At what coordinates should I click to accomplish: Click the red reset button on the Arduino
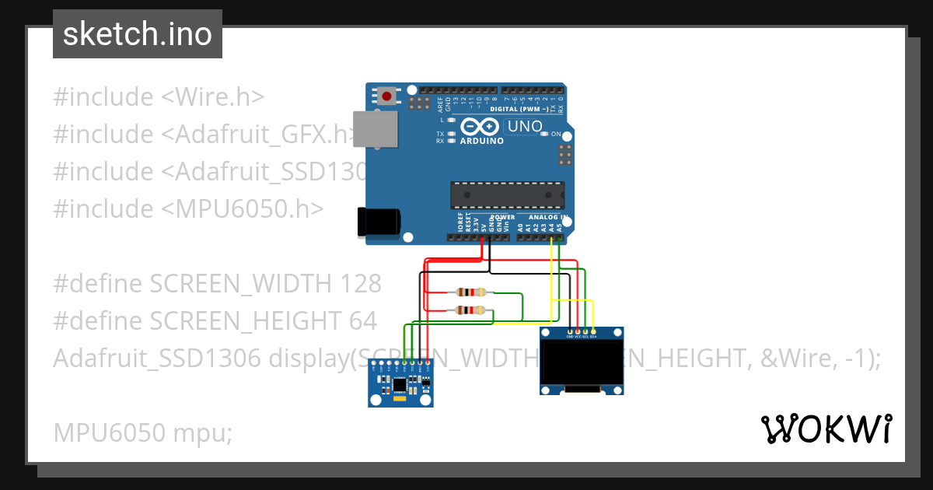coord(387,97)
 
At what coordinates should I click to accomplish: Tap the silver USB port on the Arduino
coord(376,128)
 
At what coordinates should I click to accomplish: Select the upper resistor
coord(472,292)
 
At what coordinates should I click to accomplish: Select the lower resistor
coord(472,310)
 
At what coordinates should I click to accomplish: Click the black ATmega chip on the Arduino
coord(508,195)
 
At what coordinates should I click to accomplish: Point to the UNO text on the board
coord(526,126)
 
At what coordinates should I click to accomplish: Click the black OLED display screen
coord(582,363)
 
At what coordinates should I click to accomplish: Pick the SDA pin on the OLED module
coord(593,332)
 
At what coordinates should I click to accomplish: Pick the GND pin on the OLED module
coord(570,332)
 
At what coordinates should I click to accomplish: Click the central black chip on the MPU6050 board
coord(400,383)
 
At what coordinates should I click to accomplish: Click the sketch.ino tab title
coord(137,34)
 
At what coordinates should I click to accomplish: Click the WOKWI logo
coord(826,429)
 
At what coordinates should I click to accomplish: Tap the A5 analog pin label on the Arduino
coord(559,228)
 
